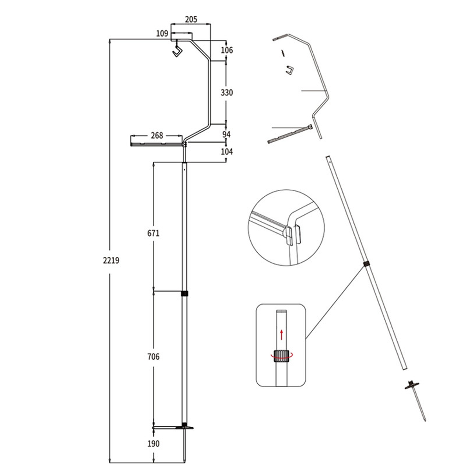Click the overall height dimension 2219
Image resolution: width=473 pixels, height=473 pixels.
pyautogui.click(x=111, y=261)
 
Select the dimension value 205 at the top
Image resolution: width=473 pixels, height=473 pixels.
pyautogui.click(x=191, y=19)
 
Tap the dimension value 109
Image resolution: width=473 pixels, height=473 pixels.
pyautogui.click(x=162, y=33)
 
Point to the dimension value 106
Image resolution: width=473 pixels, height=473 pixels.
pyautogui.click(x=227, y=50)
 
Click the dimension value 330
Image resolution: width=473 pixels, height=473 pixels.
pyautogui.click(x=227, y=92)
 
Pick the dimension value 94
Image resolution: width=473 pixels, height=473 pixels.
pyautogui.click(x=226, y=134)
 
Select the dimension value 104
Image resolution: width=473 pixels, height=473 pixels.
pyautogui.click(x=227, y=152)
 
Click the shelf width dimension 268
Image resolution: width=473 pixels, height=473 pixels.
pyautogui.click(x=157, y=135)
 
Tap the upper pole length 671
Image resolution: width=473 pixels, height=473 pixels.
pyautogui.click(x=153, y=233)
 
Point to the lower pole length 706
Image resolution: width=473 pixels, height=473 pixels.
pyautogui.click(x=153, y=357)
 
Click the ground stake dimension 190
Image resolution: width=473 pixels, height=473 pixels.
pyautogui.click(x=153, y=444)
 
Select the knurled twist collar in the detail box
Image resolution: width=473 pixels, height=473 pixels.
pyautogui.click(x=281, y=355)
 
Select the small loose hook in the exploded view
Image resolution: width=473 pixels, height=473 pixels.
pyautogui.click(x=290, y=70)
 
